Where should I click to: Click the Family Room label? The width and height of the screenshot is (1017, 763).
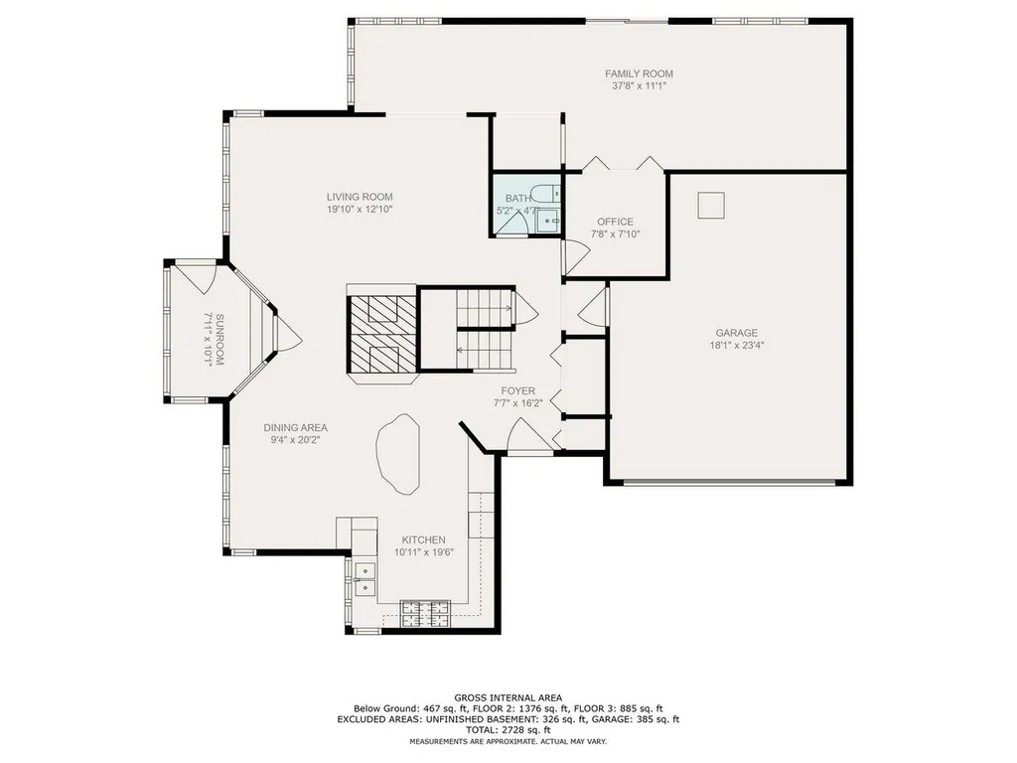639,74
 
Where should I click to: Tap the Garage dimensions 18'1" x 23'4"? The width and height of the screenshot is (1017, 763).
736,346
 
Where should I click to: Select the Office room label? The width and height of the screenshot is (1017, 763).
615,222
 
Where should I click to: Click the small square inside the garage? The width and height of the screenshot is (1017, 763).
711,205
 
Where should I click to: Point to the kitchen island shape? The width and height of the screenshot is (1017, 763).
400,453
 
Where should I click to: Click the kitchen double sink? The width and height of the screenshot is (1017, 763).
364,572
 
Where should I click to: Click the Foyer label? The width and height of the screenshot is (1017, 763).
517,391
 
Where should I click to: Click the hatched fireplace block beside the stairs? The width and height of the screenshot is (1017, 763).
380,333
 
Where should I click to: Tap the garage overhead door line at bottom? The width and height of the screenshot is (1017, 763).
729,482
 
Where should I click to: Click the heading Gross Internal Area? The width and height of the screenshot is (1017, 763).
508,697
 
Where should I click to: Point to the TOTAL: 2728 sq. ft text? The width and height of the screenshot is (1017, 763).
508,729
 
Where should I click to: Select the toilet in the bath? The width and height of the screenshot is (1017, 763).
542,195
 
